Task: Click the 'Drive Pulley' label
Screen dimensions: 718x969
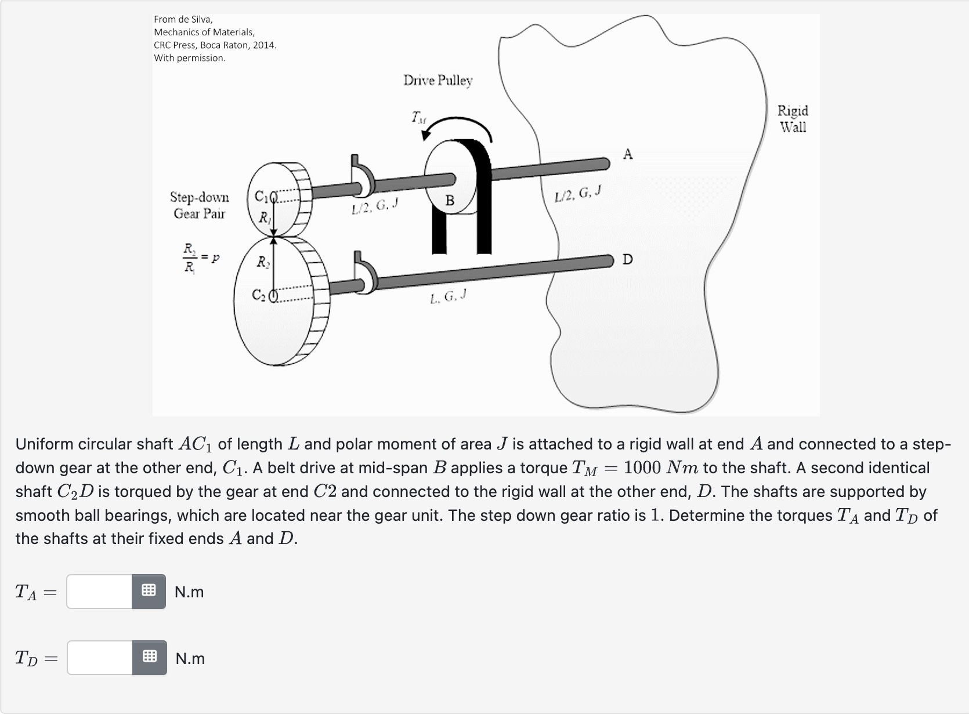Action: coord(438,80)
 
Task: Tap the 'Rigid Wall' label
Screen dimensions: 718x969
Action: coord(793,119)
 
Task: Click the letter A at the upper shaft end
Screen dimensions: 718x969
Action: coord(628,154)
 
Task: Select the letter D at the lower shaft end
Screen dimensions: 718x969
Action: coord(627,259)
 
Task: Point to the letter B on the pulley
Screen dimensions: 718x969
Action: coord(450,201)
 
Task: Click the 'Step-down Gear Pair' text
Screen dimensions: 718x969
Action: coord(199,205)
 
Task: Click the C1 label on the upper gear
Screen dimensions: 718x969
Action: coord(262,197)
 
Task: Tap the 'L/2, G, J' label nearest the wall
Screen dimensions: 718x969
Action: coord(577,194)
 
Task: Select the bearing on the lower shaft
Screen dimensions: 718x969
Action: coord(366,273)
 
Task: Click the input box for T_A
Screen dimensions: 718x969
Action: coord(99,592)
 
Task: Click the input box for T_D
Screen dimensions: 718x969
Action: coord(100,658)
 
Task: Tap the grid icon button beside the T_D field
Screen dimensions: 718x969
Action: coord(150,658)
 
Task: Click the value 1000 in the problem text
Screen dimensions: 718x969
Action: coord(642,467)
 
